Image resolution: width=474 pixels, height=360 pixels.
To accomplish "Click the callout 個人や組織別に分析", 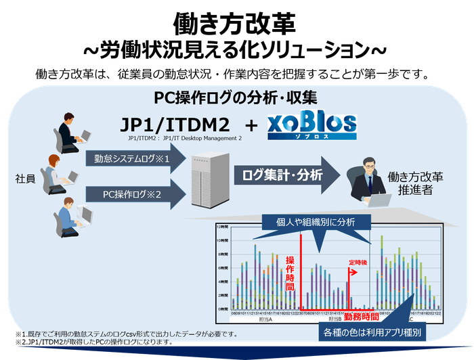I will (x=315, y=221).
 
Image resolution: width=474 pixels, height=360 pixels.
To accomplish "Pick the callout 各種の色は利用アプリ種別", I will (x=372, y=334).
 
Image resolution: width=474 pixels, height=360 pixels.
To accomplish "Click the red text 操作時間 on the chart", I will (x=290, y=273).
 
